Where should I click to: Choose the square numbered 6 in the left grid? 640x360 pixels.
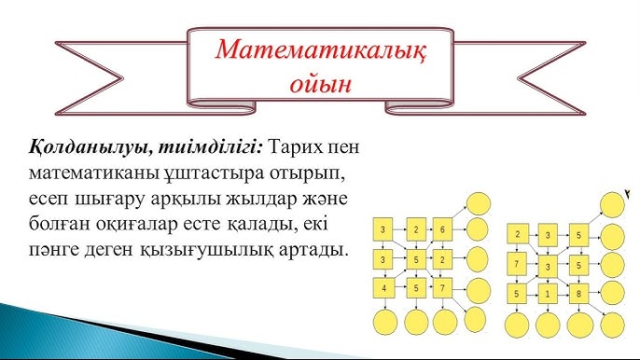443,228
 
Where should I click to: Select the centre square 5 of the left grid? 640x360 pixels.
414,258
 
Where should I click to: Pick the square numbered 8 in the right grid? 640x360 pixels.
579,294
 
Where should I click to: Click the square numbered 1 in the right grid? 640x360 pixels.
549,294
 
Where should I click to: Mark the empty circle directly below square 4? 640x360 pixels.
384,323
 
